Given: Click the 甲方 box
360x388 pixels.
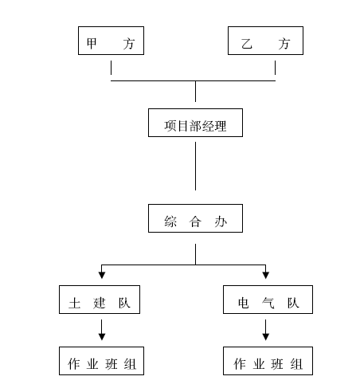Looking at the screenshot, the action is click(x=111, y=41).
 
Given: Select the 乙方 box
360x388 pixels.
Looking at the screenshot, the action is click(x=265, y=41).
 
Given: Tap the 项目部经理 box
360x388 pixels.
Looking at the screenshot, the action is click(x=195, y=123).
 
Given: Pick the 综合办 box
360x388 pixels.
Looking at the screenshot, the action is click(x=195, y=218).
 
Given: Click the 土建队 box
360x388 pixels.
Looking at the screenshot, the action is click(x=100, y=300).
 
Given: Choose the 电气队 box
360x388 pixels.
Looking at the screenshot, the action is click(x=268, y=300).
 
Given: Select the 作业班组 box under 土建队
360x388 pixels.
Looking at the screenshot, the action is click(x=101, y=361).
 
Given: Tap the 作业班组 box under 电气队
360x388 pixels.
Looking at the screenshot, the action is click(x=268, y=361).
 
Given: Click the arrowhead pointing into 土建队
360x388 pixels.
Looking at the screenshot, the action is click(x=102, y=275).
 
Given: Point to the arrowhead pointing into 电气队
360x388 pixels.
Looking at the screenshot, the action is click(x=266, y=275).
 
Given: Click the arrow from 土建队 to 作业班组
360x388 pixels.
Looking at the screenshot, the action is click(x=102, y=330).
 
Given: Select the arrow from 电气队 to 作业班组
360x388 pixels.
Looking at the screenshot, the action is click(x=266, y=330).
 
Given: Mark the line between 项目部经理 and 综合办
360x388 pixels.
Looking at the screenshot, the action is click(x=196, y=166).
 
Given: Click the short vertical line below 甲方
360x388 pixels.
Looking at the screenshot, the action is click(x=111, y=68).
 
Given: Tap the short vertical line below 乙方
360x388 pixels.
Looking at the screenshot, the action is click(x=275, y=68).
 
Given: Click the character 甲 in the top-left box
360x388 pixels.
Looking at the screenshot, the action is click(x=92, y=44).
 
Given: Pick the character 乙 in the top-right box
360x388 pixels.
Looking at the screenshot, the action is click(x=247, y=44).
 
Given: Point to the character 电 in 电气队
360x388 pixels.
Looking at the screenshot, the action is click(x=244, y=303).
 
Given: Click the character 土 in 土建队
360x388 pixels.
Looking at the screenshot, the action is click(x=75, y=303).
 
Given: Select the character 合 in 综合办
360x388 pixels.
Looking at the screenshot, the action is click(x=195, y=221).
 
